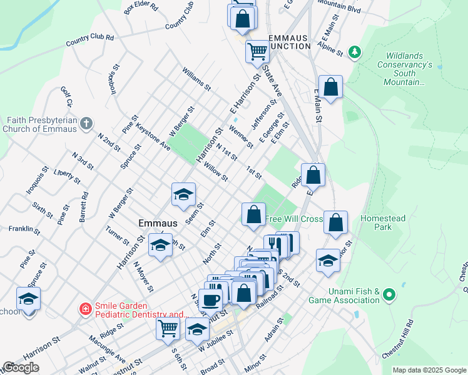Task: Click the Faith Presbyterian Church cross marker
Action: click(86, 123)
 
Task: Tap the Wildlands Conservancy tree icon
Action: click(355, 52)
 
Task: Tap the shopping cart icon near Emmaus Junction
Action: click(257, 51)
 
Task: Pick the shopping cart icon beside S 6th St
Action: click(167, 327)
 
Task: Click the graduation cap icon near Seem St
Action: click(183, 194)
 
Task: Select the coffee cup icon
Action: click(210, 299)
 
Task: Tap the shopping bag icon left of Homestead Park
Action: click(336, 222)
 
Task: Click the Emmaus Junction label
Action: click(289, 42)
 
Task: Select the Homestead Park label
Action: click(383, 222)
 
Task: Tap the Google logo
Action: click(21, 367)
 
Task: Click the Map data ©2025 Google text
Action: click(429, 370)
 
